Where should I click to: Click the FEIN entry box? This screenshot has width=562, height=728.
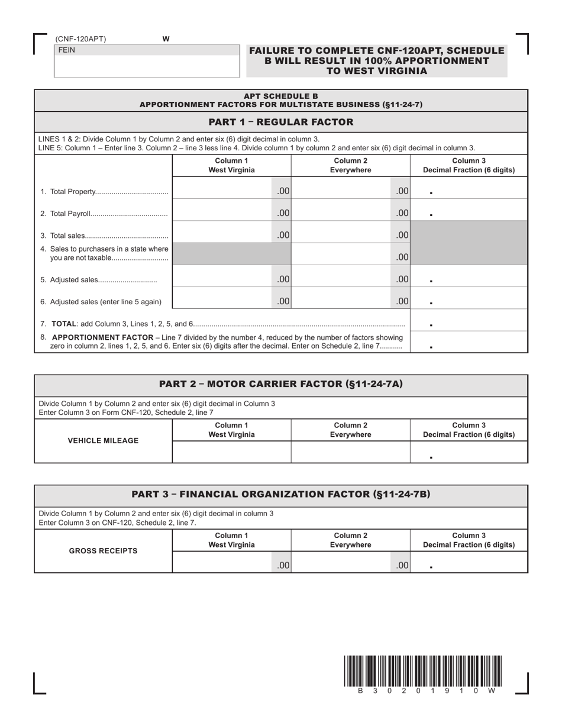click(x=147, y=66)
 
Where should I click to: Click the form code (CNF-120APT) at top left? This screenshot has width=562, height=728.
click(x=81, y=39)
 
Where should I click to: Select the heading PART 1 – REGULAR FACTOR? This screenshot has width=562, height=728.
click(x=281, y=122)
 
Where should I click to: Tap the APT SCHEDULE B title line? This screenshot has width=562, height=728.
click(x=281, y=96)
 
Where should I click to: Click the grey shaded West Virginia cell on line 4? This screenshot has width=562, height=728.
click(x=231, y=254)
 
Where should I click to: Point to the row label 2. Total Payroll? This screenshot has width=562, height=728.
click(x=104, y=214)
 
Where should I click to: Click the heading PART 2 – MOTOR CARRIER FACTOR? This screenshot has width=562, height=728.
click(x=281, y=384)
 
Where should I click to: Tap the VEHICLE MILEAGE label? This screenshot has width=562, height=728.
click(x=104, y=440)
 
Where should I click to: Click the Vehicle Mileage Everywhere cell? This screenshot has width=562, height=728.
click(x=350, y=452)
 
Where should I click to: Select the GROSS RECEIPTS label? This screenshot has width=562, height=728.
click(x=104, y=550)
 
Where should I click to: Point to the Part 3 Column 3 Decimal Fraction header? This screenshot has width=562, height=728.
click(x=469, y=540)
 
